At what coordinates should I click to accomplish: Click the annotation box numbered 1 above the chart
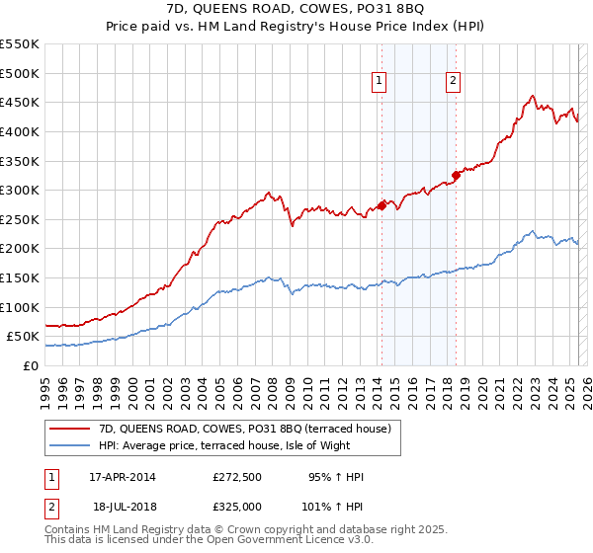(x=380, y=82)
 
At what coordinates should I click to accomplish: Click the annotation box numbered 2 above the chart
(x=453, y=82)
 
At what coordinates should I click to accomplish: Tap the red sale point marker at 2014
(x=381, y=206)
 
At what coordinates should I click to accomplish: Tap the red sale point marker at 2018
(x=456, y=176)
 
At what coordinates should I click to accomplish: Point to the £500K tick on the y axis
(x=19, y=73)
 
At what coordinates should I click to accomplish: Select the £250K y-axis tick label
(x=19, y=219)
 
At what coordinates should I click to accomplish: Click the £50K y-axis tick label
(x=23, y=337)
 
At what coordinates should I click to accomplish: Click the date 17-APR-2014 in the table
(x=122, y=477)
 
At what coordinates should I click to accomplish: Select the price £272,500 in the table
(x=236, y=477)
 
